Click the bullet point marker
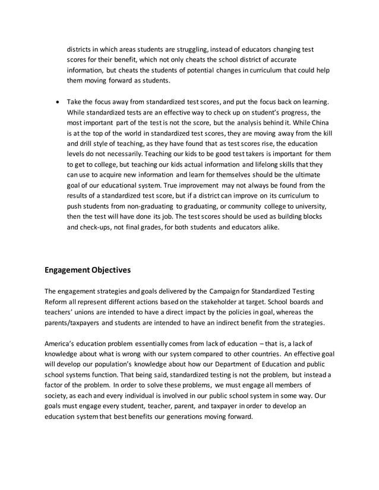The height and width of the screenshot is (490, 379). pos(56,102)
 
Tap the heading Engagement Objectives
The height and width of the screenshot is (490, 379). pos(87,270)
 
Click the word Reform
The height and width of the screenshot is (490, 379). pos(58,301)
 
